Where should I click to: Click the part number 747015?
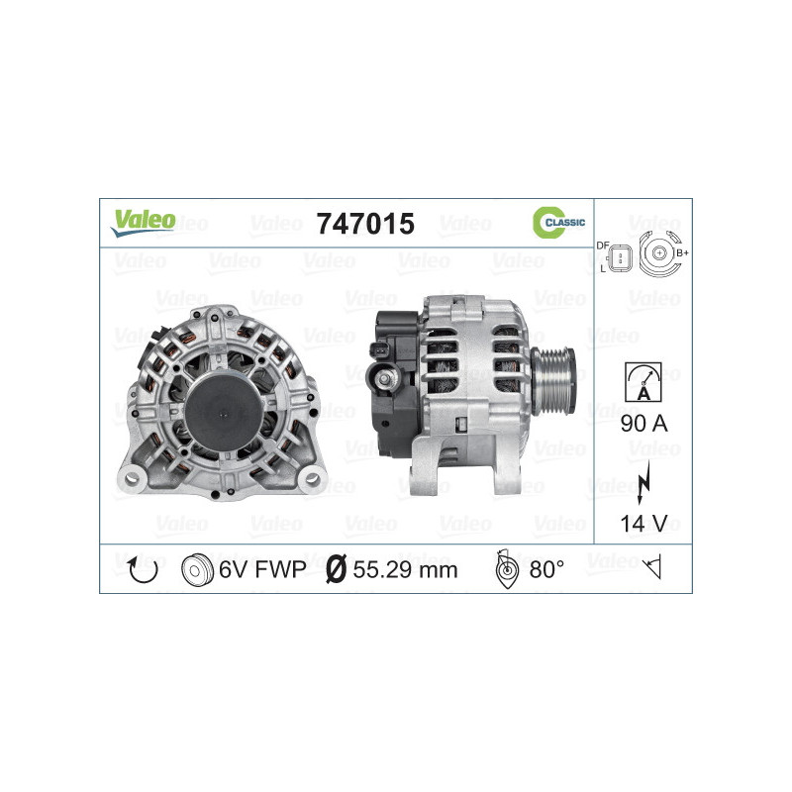point(363,225)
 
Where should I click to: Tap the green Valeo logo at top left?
point(143,222)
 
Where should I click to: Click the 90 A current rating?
point(644,425)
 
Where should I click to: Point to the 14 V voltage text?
point(644,524)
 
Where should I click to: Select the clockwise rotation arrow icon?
point(144,569)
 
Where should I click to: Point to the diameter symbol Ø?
point(336,569)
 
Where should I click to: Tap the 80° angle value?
point(546,569)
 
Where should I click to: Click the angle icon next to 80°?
point(505,569)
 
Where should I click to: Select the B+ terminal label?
point(681,252)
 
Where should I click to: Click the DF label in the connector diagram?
point(602,245)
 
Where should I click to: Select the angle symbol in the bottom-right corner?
point(651,568)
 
